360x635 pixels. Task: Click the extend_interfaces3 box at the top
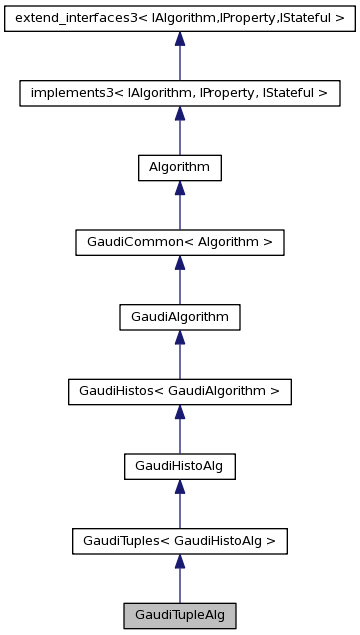[x=179, y=18]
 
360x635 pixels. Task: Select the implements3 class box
[x=179, y=93]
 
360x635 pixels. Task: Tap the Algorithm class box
[x=179, y=168]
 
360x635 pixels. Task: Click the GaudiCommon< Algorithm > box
[x=179, y=242]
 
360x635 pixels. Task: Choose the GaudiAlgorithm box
[x=179, y=317]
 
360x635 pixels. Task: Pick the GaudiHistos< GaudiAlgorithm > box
[x=179, y=391]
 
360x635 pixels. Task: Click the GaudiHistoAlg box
[x=179, y=466]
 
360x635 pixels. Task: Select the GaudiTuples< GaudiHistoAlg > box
[x=179, y=541]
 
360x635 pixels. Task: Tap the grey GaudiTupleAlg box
[x=179, y=615]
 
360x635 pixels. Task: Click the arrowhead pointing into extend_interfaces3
[x=179, y=39]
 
